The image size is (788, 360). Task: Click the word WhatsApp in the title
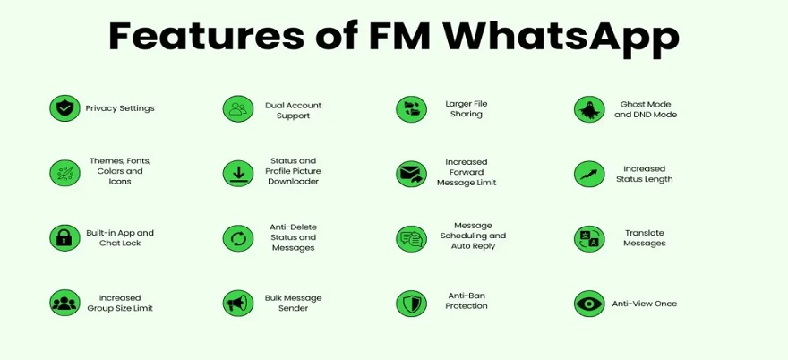(561, 37)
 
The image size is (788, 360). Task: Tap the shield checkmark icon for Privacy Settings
(64, 108)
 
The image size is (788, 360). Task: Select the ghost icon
(589, 109)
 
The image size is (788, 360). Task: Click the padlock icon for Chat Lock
(64, 238)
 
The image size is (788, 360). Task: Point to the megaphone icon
(238, 304)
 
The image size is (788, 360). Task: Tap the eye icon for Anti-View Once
(589, 304)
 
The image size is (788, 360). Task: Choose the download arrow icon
(238, 174)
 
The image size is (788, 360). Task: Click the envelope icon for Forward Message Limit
(411, 174)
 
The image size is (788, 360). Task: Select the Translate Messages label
(645, 238)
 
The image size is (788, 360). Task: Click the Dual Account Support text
(294, 111)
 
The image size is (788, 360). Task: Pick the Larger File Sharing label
(467, 109)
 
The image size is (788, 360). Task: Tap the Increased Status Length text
(644, 174)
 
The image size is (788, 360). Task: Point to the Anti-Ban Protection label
(467, 301)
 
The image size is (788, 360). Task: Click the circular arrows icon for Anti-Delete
(238, 238)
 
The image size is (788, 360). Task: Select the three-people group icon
(64, 303)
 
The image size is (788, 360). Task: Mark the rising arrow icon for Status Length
(589, 174)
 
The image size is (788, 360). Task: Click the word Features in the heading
(207, 36)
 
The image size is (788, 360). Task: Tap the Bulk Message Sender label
(294, 304)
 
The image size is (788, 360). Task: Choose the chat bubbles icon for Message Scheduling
(411, 239)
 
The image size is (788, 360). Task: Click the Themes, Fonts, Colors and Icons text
(120, 171)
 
